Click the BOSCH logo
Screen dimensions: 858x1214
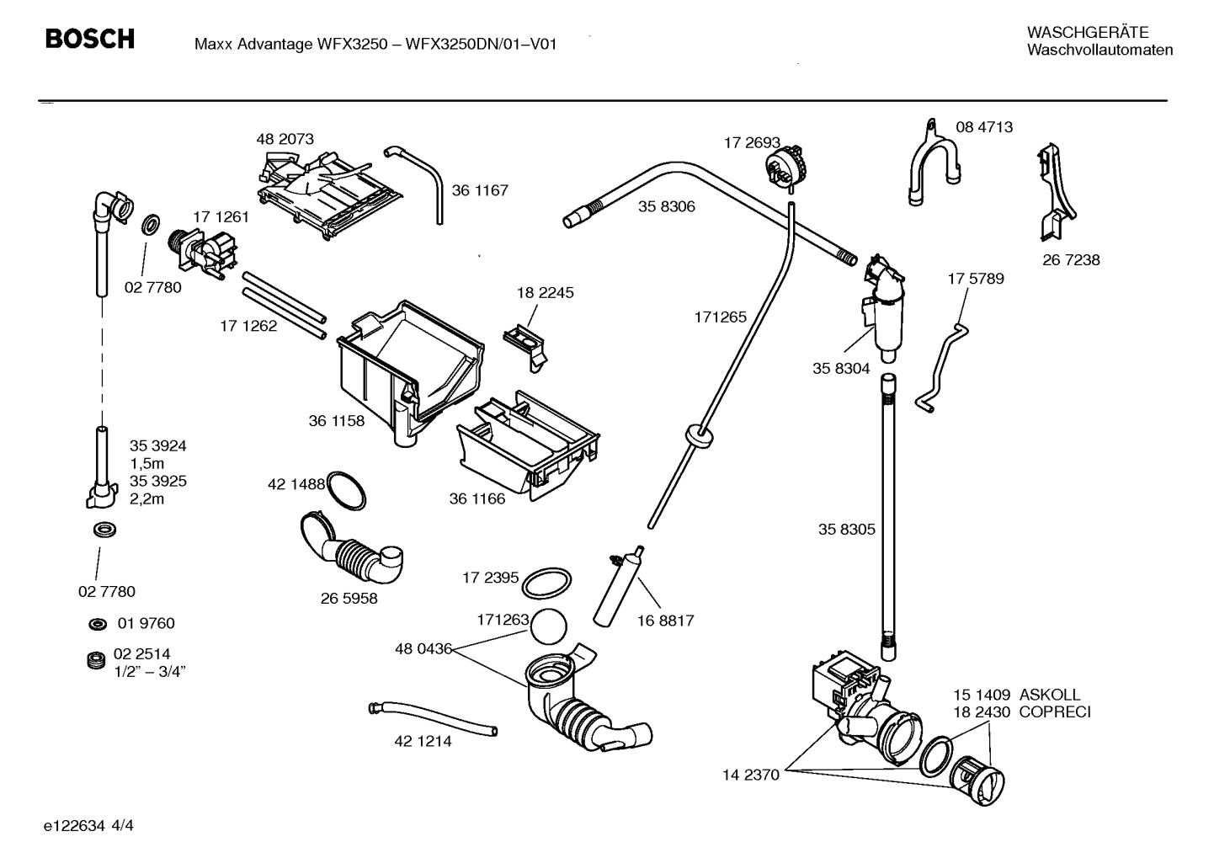[x=89, y=39]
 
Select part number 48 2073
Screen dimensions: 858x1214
[x=285, y=139]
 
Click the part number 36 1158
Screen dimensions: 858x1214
[x=336, y=421]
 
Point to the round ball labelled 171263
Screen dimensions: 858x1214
[x=550, y=627]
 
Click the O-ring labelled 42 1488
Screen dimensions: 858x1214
[x=346, y=490]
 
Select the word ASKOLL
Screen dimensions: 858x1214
[x=1049, y=695]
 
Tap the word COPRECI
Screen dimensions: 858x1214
[x=1054, y=712]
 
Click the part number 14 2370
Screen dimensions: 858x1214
[x=751, y=775]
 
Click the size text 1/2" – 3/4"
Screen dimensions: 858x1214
[x=150, y=671]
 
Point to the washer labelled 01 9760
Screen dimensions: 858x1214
[x=98, y=624]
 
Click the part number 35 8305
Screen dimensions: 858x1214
[x=846, y=530]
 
